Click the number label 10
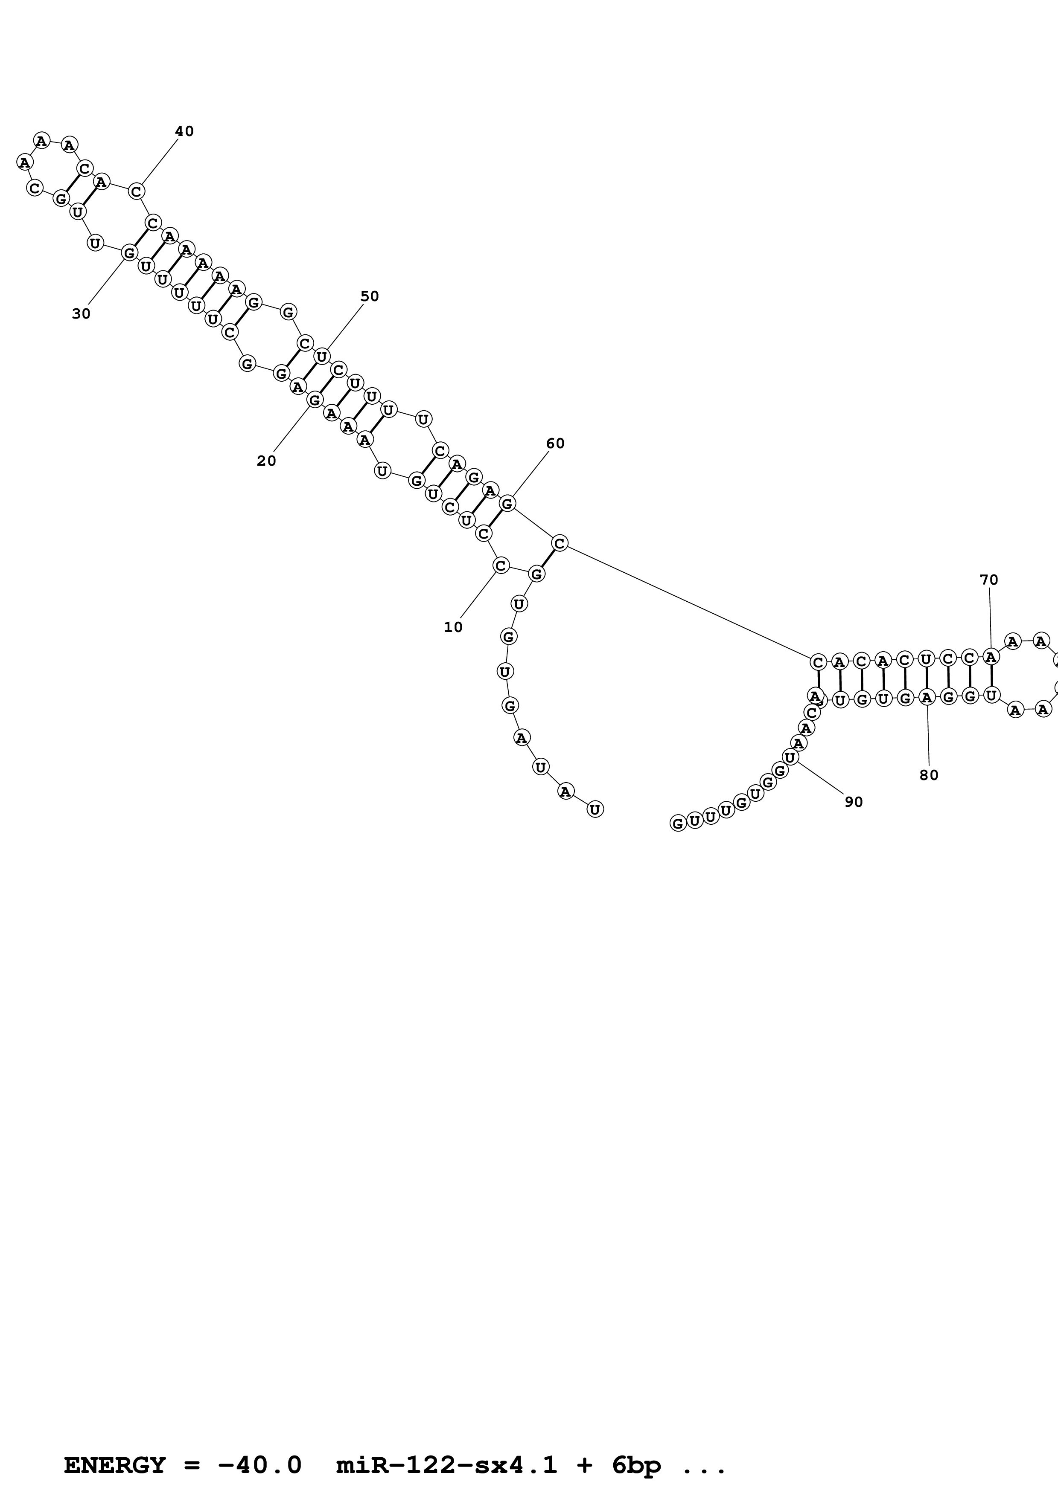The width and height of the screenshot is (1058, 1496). (453, 627)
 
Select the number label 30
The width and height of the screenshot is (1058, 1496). (81, 314)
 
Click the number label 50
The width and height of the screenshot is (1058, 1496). (369, 296)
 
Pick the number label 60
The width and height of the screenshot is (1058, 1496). (555, 444)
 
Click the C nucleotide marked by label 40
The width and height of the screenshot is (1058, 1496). (136, 191)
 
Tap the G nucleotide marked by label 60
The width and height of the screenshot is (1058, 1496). (507, 503)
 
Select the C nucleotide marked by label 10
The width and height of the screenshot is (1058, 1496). (501, 565)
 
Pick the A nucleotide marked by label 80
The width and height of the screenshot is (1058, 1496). (926, 698)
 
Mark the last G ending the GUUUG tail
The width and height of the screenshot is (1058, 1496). (678, 823)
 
